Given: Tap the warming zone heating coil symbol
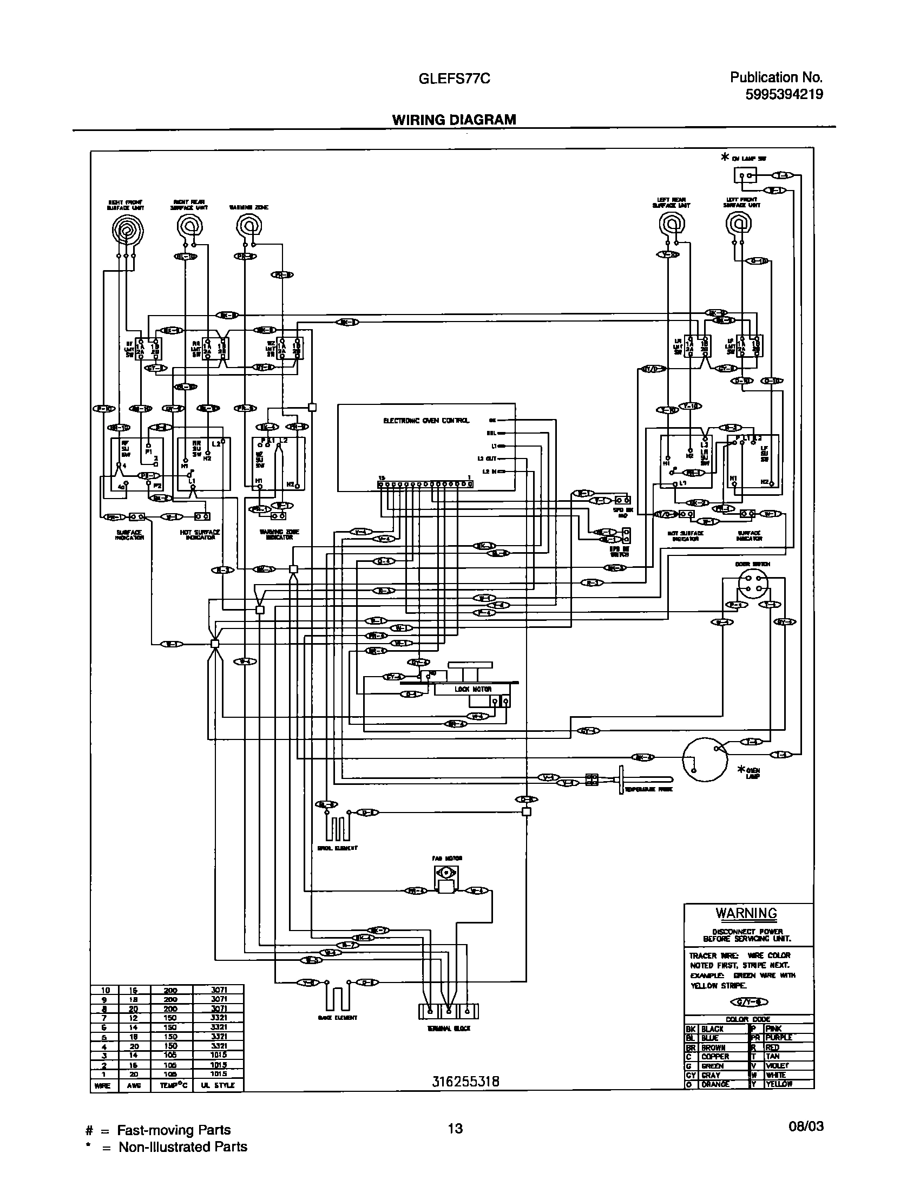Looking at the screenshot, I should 249,225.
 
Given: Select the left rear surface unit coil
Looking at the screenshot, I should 672,224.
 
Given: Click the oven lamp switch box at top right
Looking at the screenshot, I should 745,175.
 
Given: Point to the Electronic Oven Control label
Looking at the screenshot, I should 426,421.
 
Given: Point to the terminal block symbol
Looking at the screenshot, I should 449,1011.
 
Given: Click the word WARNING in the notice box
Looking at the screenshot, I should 746,913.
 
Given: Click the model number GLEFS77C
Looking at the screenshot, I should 455,79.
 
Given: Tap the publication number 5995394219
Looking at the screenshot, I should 784,95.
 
